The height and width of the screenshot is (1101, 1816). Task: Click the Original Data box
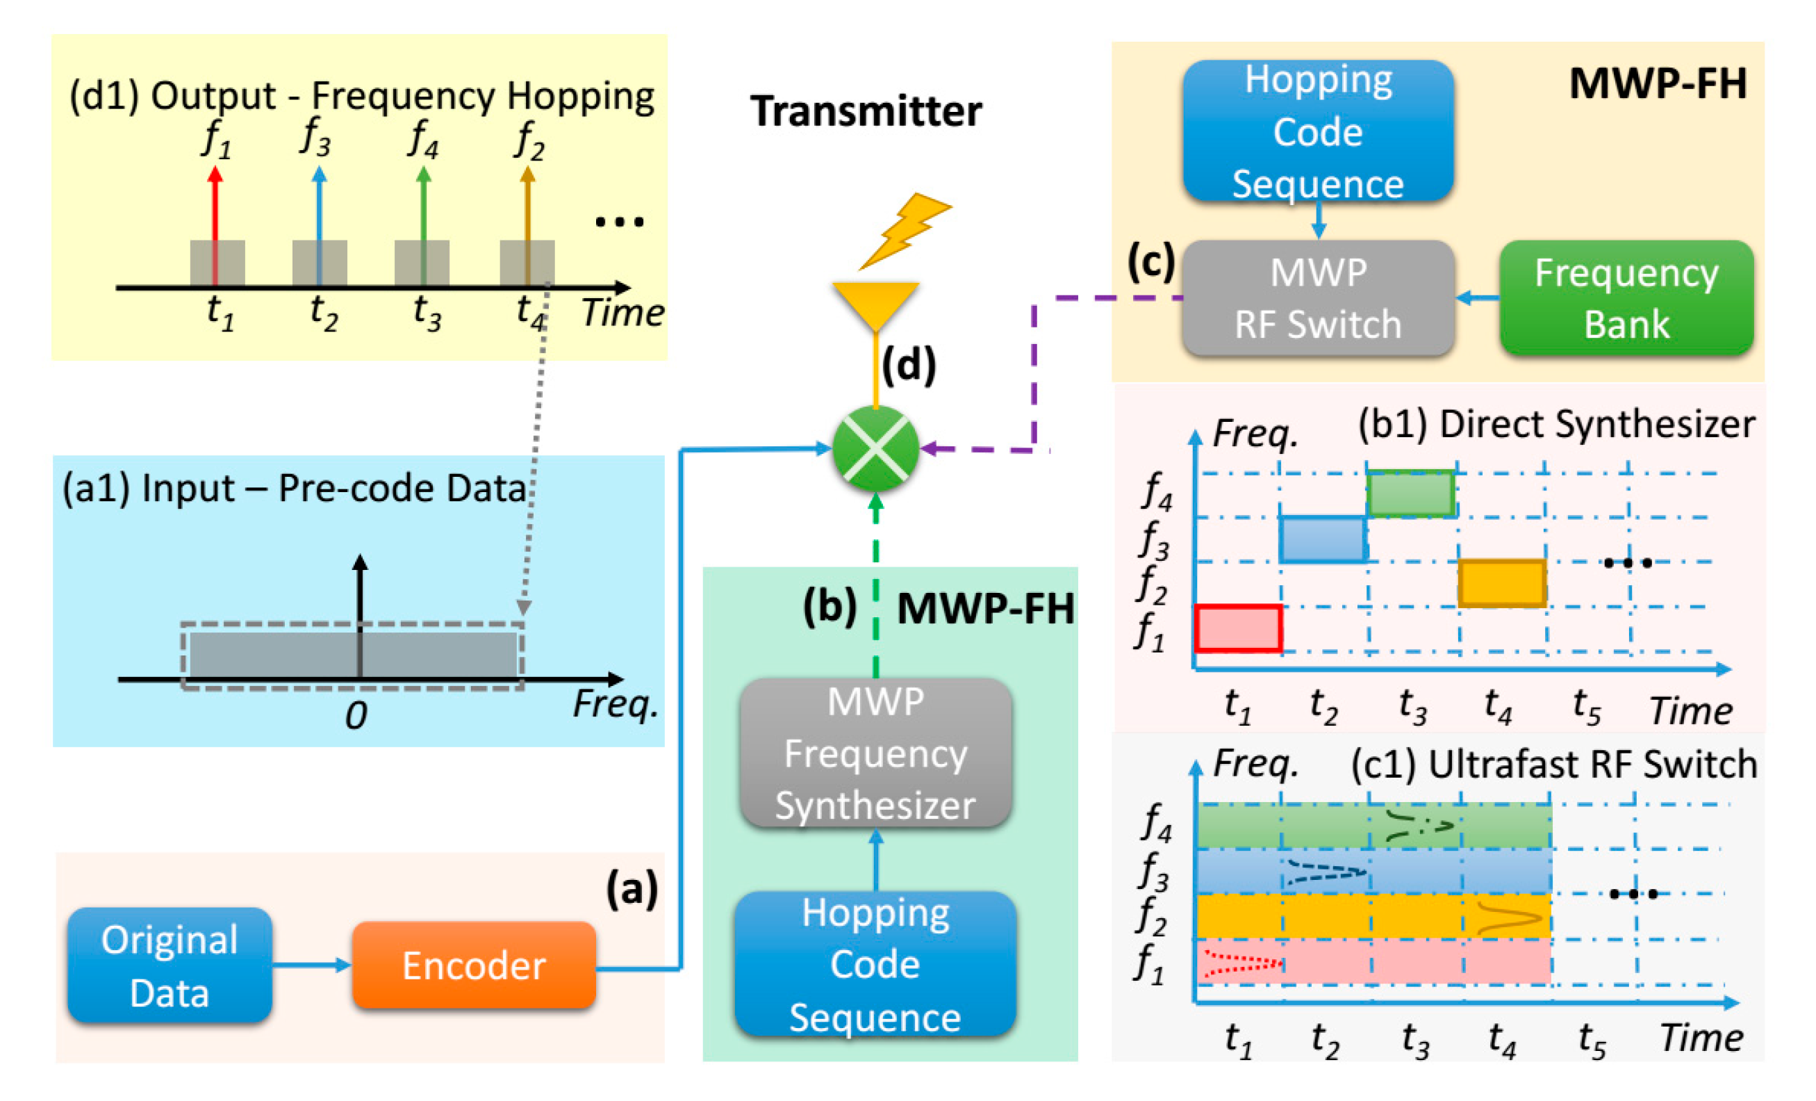pos(170,965)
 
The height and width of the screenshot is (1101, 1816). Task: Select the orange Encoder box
pos(473,965)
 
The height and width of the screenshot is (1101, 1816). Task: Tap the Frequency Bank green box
pos(1626,298)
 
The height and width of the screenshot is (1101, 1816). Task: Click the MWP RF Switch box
pos(1318,298)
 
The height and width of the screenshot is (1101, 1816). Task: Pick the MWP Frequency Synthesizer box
pos(875,753)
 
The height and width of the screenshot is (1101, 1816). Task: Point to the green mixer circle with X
pos(875,448)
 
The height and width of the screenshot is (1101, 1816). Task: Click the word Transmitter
pos(866,112)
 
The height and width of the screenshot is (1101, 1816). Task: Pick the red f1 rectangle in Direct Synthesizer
pos(1237,628)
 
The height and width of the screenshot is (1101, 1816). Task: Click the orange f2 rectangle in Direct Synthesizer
pos(1501,583)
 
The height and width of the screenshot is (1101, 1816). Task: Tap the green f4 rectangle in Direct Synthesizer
pos(1410,494)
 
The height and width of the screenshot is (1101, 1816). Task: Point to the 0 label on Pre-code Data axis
pos(356,715)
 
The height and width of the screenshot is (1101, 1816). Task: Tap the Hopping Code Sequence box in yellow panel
pos(1318,131)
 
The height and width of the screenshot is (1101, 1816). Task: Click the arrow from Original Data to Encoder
pos(312,965)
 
